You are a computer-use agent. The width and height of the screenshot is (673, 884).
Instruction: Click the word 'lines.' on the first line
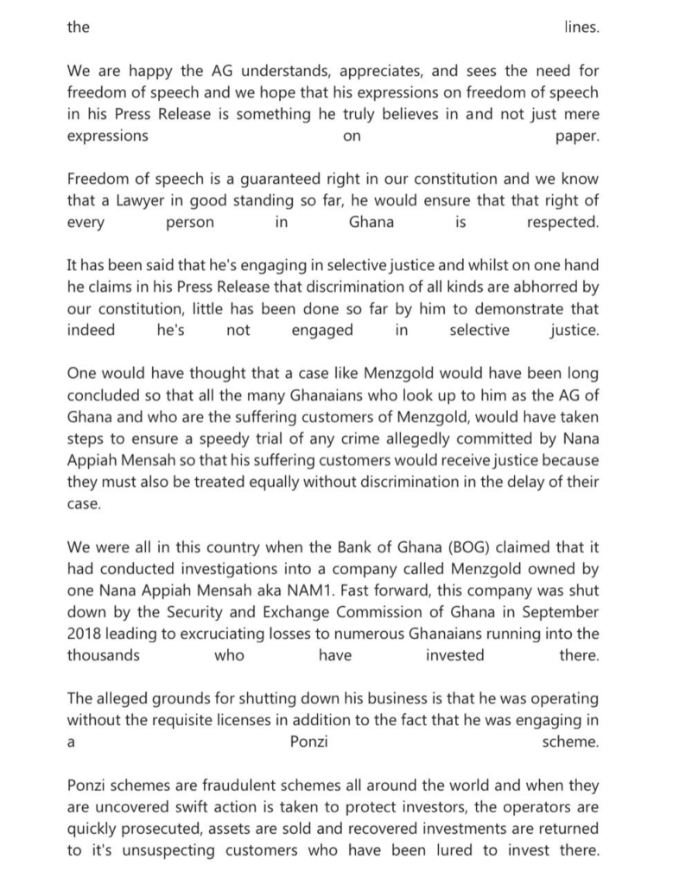tap(580, 27)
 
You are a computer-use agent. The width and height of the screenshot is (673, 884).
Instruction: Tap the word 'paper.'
tap(577, 136)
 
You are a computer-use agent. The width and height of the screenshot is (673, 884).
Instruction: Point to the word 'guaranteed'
tap(259, 180)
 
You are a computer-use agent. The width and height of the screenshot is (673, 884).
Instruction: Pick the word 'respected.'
tap(562, 223)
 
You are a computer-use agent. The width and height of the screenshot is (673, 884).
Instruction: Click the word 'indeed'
tap(91, 331)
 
